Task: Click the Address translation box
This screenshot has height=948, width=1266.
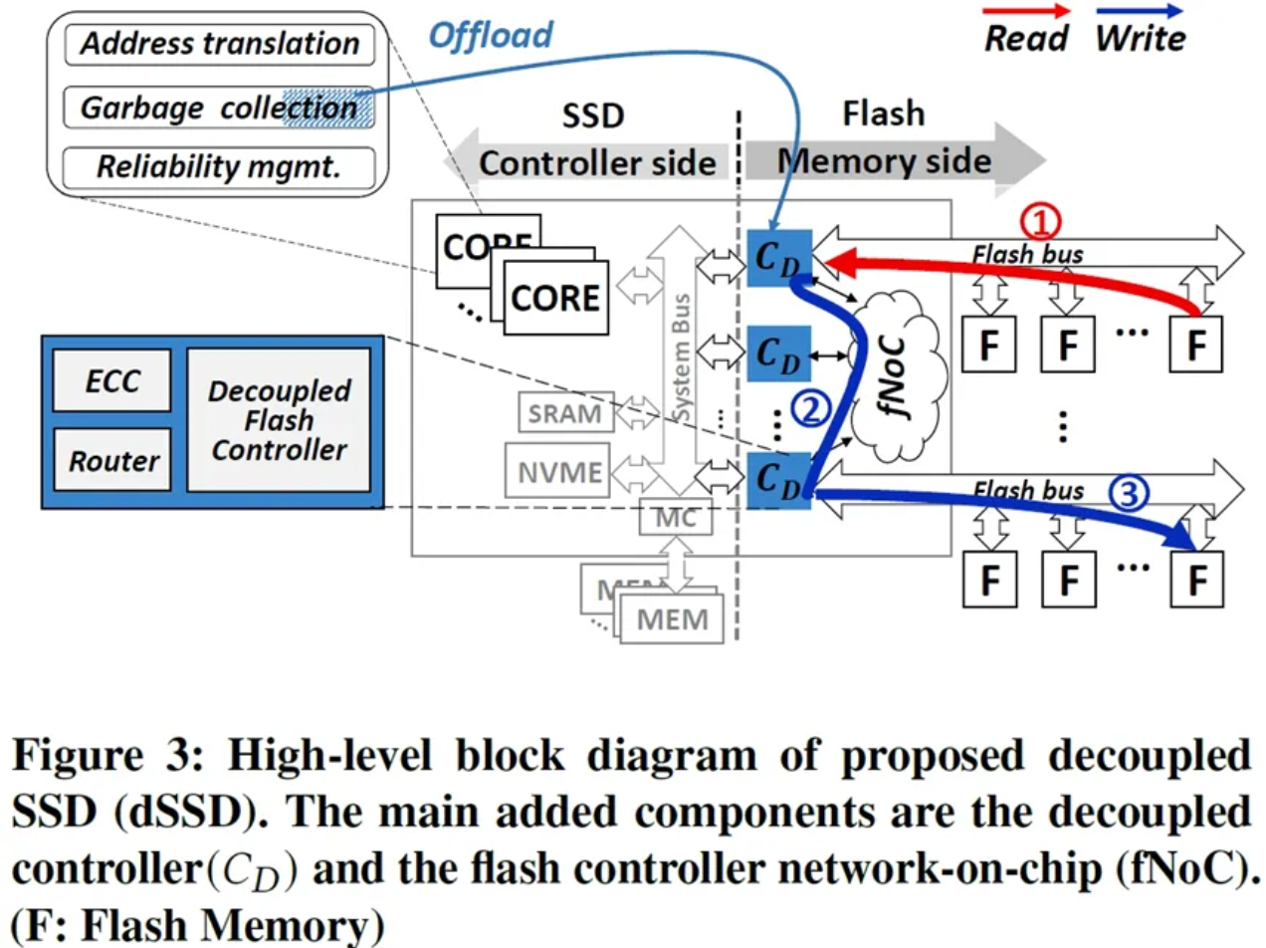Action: [x=219, y=44]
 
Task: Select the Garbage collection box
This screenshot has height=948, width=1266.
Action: [x=219, y=107]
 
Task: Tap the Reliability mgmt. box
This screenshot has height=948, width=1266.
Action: [x=219, y=166]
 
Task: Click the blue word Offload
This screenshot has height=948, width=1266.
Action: [x=491, y=36]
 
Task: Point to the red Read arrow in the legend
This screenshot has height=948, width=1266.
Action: [x=1026, y=12]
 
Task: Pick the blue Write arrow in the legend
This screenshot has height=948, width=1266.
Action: [x=1140, y=12]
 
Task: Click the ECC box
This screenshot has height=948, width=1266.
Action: [x=112, y=380]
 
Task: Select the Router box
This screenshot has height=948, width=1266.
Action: [x=112, y=460]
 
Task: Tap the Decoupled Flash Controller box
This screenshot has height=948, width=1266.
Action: [x=278, y=419]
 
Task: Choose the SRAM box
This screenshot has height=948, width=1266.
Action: [x=564, y=412]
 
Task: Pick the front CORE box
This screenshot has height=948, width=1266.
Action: [x=555, y=298]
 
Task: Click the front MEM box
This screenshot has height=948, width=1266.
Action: [x=672, y=618]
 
